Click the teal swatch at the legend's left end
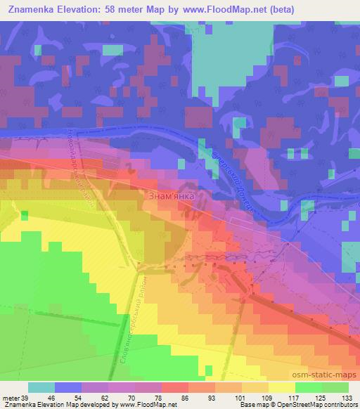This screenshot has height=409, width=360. (x=41, y=387)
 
